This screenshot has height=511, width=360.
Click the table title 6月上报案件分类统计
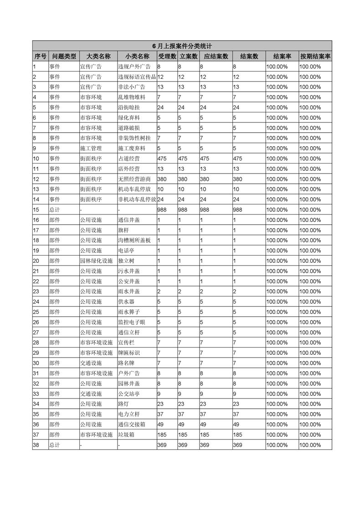(182, 46)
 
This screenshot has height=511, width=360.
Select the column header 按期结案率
(315, 56)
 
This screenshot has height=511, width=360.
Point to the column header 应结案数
(216, 56)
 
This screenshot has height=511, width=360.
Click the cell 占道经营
(129, 158)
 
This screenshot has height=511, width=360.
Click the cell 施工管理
(91, 148)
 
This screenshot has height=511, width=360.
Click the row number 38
(36, 445)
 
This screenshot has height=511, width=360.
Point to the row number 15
(36, 210)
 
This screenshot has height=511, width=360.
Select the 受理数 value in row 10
(163, 158)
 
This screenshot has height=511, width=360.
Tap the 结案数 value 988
(238, 210)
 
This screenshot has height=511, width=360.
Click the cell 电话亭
(125, 250)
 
